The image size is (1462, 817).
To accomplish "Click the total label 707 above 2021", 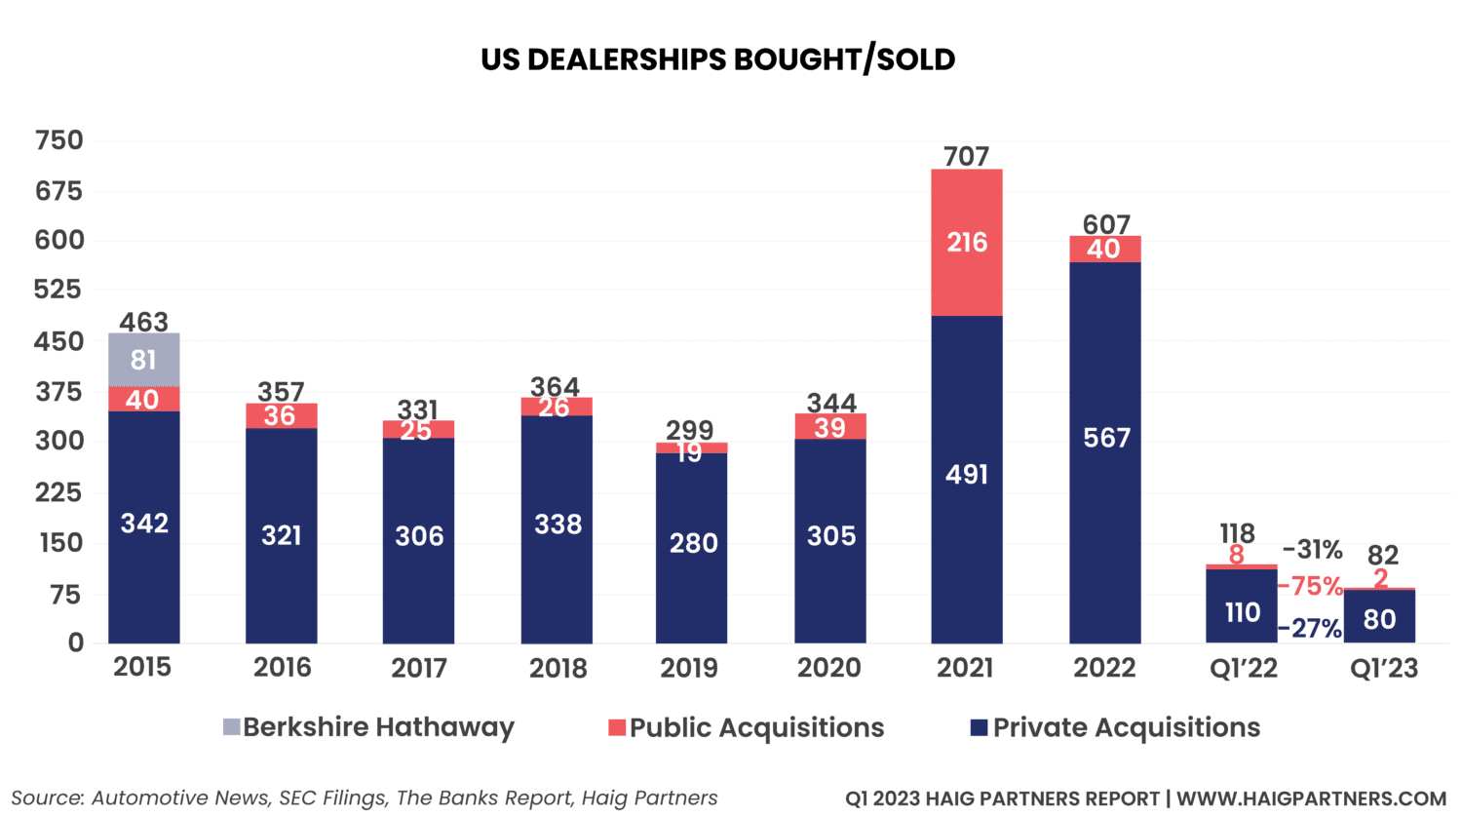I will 967,156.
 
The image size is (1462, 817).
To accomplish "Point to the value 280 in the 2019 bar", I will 693,543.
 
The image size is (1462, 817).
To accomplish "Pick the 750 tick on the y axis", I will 59,141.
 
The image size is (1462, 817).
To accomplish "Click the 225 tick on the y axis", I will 59,492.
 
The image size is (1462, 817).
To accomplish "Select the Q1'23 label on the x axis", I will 1383,668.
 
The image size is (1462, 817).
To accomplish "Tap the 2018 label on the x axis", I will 557,668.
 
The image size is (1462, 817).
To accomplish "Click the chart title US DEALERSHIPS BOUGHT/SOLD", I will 718,60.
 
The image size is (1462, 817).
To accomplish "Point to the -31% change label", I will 1312,551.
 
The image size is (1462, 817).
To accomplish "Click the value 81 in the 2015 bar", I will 143,360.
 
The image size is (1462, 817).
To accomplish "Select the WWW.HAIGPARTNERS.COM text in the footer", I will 1311,798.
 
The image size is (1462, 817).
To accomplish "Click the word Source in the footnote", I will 46,798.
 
